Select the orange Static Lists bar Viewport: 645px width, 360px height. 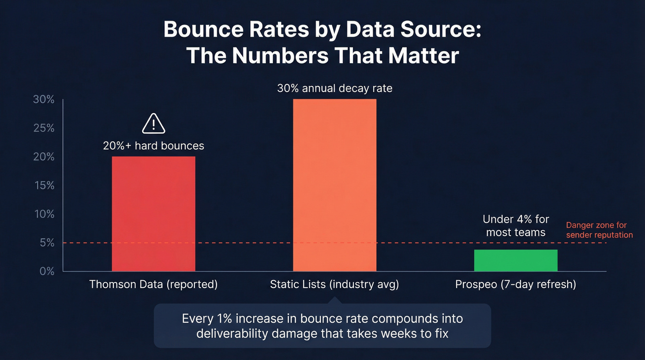pos(334,185)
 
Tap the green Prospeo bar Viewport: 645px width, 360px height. pos(516,260)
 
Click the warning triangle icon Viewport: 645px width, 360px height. pos(153,124)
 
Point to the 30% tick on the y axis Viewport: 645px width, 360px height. pos(44,100)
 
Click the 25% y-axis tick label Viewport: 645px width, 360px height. pos(44,128)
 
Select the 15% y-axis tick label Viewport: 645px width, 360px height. pos(44,185)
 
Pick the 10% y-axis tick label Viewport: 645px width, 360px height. pos(44,214)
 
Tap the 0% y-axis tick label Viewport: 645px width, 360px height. pos(46,271)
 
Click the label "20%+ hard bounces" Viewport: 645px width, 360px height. pos(153,146)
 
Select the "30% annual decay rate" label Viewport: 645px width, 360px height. pos(334,88)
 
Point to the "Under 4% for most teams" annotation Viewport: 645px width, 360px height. pos(516,225)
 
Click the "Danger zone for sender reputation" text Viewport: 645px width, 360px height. pos(599,230)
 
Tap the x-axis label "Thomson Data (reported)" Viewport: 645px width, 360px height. pos(153,284)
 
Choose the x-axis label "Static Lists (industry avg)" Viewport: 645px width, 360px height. pos(334,284)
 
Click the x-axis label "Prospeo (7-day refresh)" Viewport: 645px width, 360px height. pos(516,284)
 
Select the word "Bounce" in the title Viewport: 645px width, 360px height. pos(203,30)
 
